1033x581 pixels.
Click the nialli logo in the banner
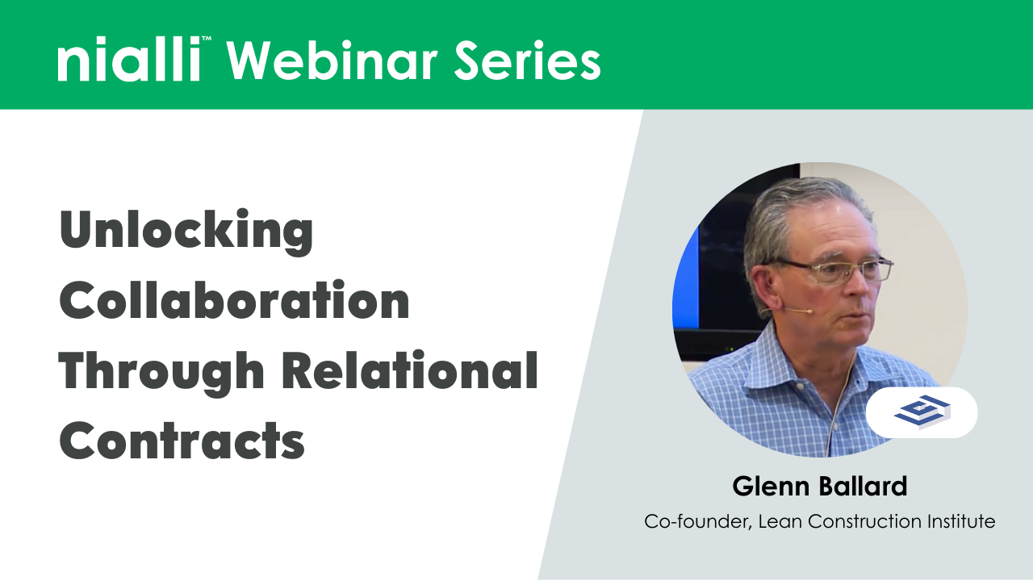(128, 61)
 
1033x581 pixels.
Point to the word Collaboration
(234, 301)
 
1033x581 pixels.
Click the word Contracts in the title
(182, 441)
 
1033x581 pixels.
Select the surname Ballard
(865, 487)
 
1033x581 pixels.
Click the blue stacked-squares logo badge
(922, 412)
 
